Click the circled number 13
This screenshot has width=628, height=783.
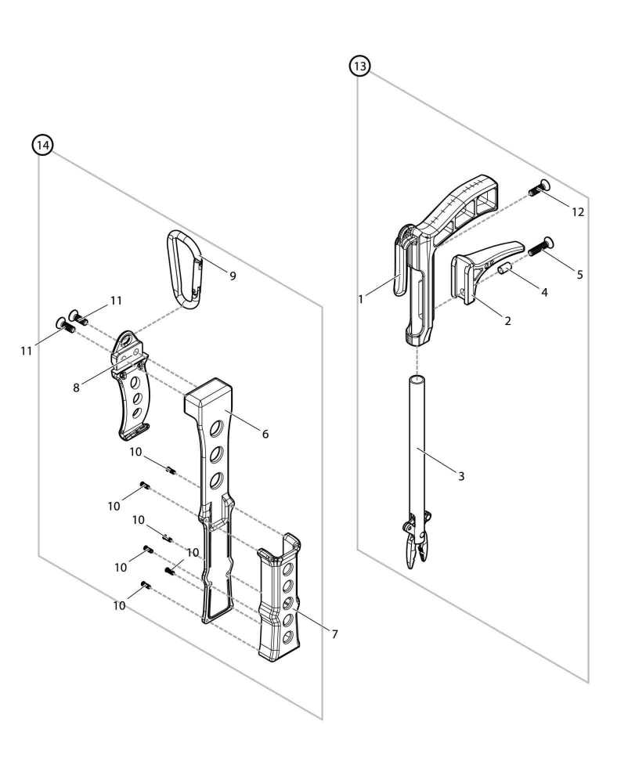[x=359, y=67]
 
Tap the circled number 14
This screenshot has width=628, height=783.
[x=42, y=146]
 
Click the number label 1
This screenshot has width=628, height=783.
[x=360, y=298]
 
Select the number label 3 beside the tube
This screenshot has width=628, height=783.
[x=461, y=476]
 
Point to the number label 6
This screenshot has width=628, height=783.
[x=265, y=434]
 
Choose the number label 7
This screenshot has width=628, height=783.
[x=334, y=634]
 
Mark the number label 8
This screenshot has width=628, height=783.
[x=77, y=387]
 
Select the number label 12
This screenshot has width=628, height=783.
[x=578, y=212]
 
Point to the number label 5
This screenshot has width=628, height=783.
[x=579, y=275]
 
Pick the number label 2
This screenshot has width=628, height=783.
[x=507, y=321]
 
